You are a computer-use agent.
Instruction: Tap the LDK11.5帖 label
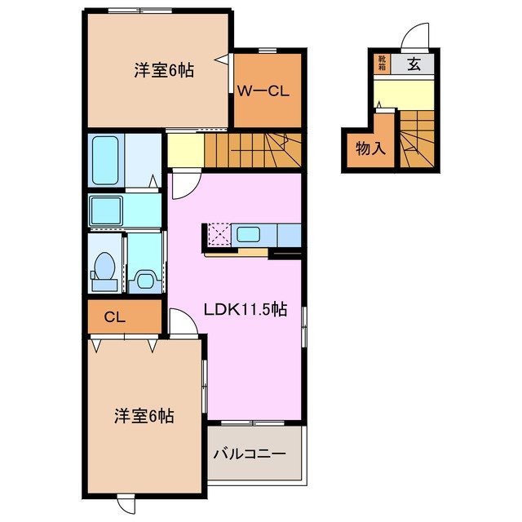245,309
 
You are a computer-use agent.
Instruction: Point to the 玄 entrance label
414,64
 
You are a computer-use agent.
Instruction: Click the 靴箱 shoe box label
381,64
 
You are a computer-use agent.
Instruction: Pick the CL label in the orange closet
114,316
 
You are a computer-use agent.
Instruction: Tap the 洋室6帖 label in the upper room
163,70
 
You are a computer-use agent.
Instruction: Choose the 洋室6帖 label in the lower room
143,416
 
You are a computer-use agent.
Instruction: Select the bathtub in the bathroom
107,161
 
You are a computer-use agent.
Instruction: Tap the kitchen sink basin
249,235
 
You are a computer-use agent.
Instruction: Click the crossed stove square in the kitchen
219,235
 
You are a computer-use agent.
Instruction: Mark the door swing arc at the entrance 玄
417,37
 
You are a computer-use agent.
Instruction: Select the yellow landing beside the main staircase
184,149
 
